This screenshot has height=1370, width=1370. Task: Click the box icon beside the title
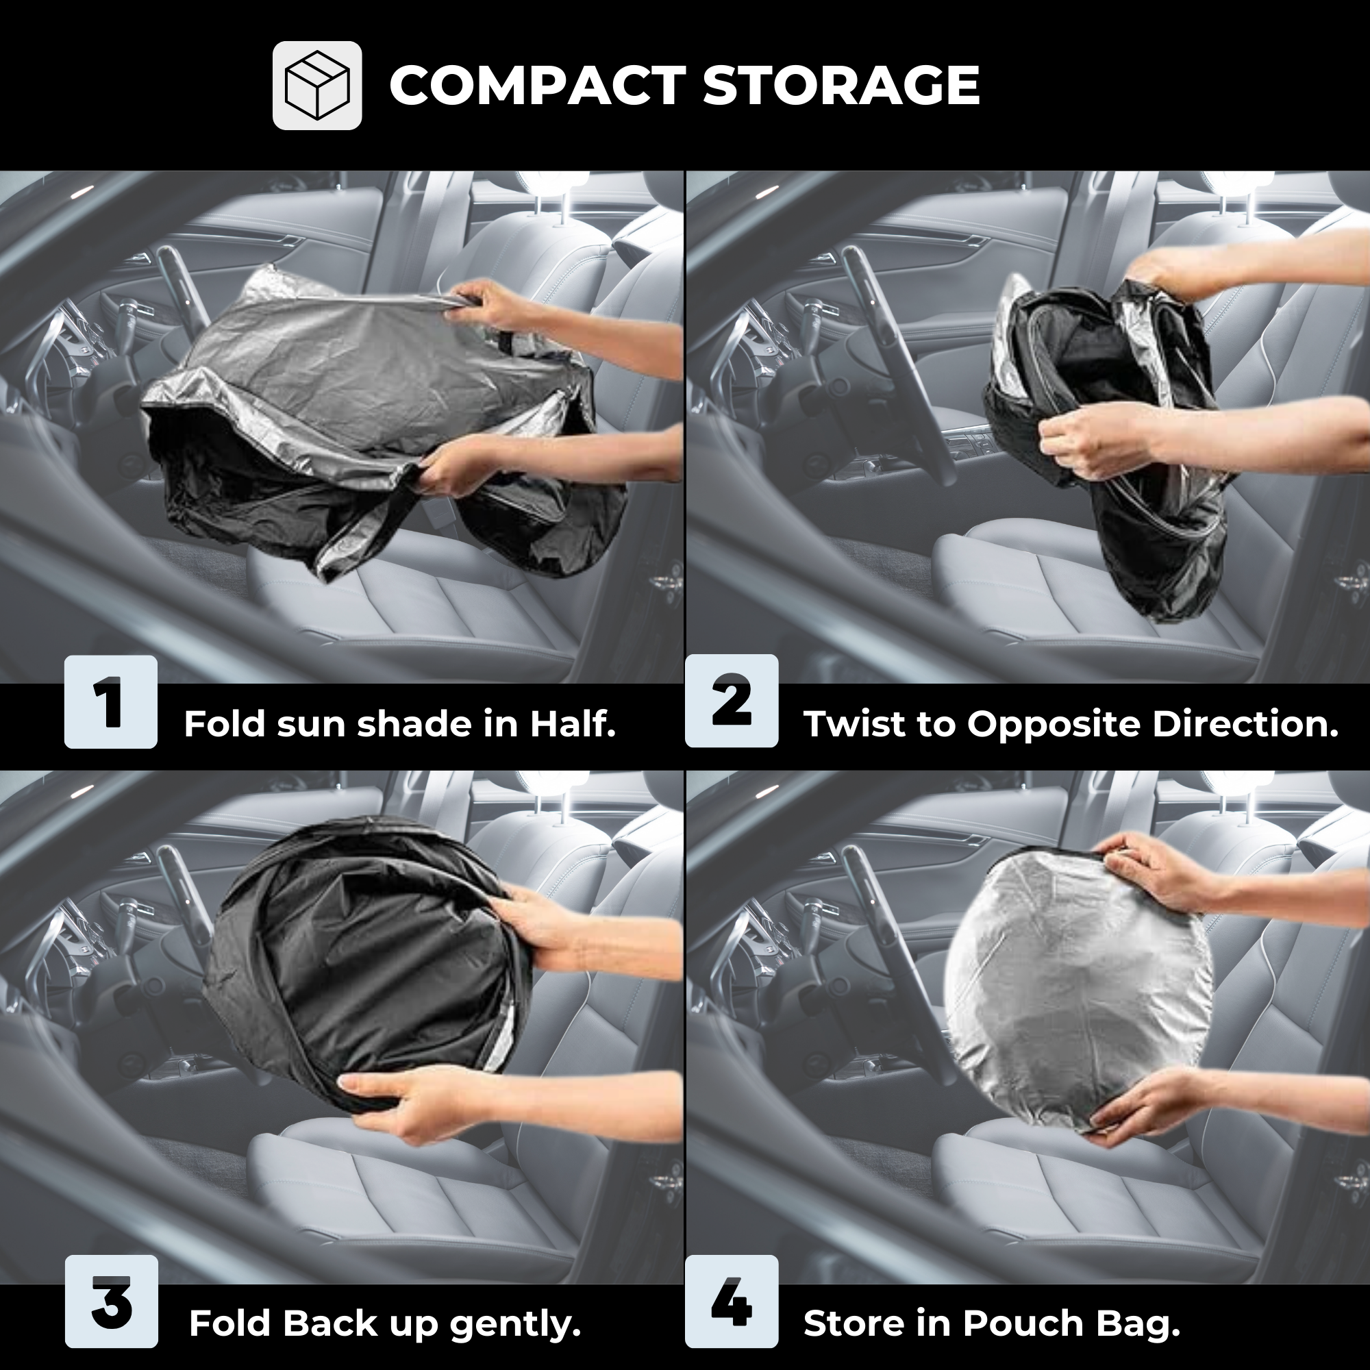point(317,86)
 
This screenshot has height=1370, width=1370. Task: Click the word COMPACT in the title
point(538,86)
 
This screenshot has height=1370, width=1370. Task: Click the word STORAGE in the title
point(842,86)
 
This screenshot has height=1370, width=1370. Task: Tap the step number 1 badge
point(110,702)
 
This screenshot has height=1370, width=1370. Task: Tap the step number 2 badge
point(732,701)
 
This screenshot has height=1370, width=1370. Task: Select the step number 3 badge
point(112,1302)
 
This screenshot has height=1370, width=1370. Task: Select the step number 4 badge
point(732,1302)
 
